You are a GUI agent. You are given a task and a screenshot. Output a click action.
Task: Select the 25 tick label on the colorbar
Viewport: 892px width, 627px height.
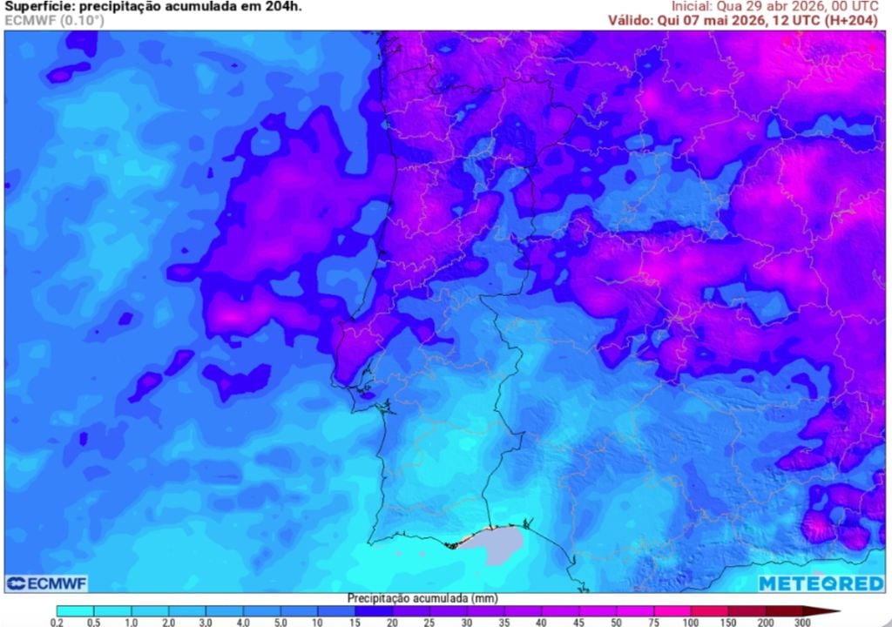[x=430, y=622]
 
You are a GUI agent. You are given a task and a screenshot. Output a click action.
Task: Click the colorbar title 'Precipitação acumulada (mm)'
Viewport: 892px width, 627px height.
[x=409, y=598]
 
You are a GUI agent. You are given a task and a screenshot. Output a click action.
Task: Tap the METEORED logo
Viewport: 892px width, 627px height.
[x=821, y=583]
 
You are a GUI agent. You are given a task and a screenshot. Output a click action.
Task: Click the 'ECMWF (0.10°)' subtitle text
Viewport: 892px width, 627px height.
[x=54, y=20]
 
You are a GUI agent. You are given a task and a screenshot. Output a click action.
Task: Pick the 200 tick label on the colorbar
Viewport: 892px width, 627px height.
[x=766, y=622]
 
